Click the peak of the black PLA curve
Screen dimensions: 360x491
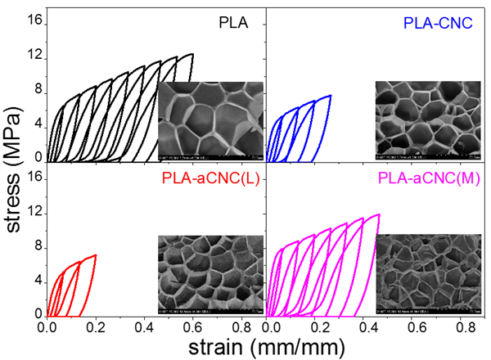192,54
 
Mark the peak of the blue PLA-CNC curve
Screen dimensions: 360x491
330,95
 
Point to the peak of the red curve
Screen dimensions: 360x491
96,254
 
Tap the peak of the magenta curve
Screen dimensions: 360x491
378,214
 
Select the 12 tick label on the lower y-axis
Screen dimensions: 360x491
35,214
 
